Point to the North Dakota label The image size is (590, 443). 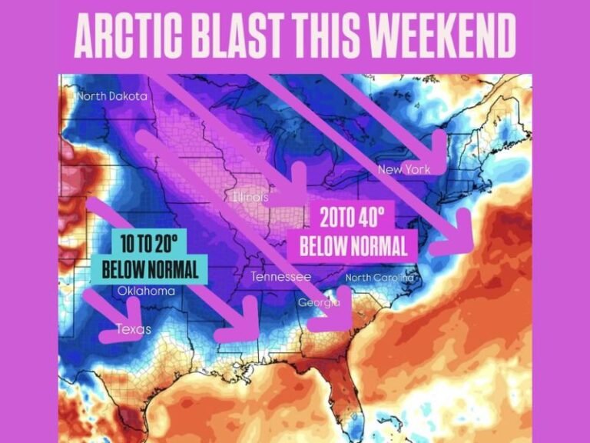(112, 97)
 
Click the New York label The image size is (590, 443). (404, 169)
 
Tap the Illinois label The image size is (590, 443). (250, 198)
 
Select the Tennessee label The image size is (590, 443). (281, 276)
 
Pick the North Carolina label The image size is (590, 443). (380, 278)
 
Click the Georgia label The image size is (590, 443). (318, 303)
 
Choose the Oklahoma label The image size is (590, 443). (146, 291)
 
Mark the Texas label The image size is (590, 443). (133, 329)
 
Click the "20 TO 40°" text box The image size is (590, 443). (351, 218)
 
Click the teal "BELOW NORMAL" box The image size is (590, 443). (154, 269)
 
